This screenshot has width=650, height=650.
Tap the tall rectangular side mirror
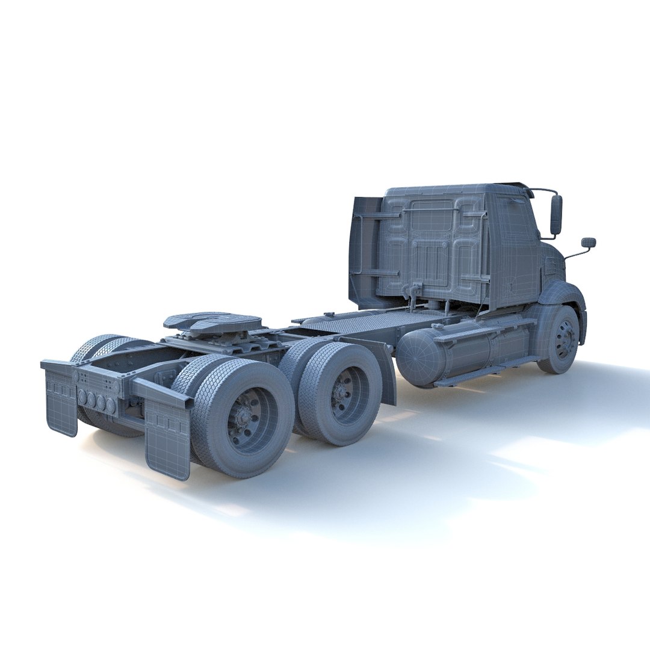point(556,215)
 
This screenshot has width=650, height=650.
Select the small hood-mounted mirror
point(588,243)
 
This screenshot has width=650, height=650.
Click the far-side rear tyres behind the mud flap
point(96,349)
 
